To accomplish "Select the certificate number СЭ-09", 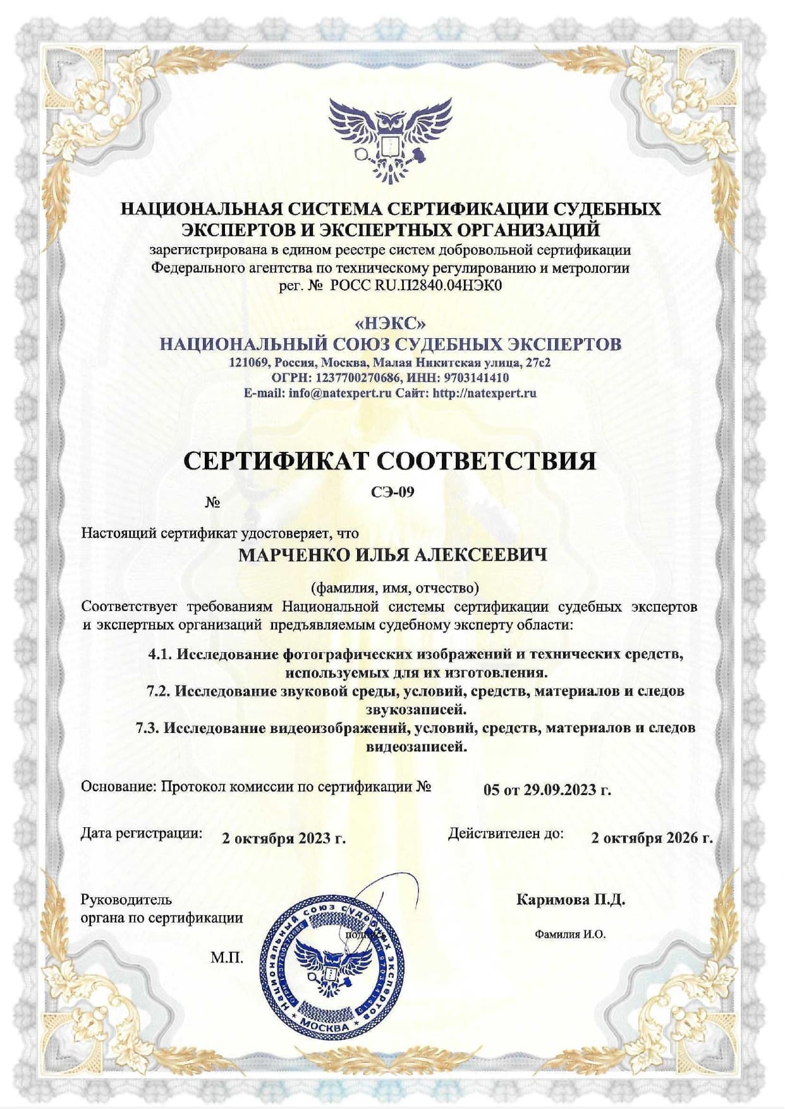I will pos(392,492).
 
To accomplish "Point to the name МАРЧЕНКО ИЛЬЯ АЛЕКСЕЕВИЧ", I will pos(392,555).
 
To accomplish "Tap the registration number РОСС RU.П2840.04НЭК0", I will pos(416,286).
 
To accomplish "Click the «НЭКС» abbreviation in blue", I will pos(391,324).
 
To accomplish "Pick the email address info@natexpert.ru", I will pos(341,392).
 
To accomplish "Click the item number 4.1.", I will pos(160,653).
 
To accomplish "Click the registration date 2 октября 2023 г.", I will pos(284,838).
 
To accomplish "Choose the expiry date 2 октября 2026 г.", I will pos(652,838).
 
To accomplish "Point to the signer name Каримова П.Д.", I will pos(571,899).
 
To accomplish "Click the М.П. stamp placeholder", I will pos(226,958).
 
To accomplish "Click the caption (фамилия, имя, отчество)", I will pos(394,588).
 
